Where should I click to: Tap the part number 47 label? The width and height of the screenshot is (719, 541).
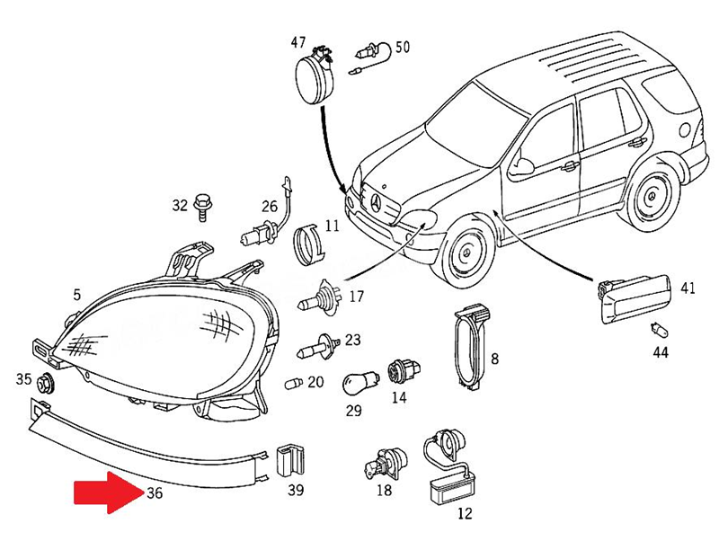297,42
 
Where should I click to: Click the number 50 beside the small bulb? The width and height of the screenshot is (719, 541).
403,46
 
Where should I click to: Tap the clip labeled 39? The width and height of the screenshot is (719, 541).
288,461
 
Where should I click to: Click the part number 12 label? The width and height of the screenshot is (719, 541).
464,514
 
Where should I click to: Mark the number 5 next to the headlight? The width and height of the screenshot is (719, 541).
76,294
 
